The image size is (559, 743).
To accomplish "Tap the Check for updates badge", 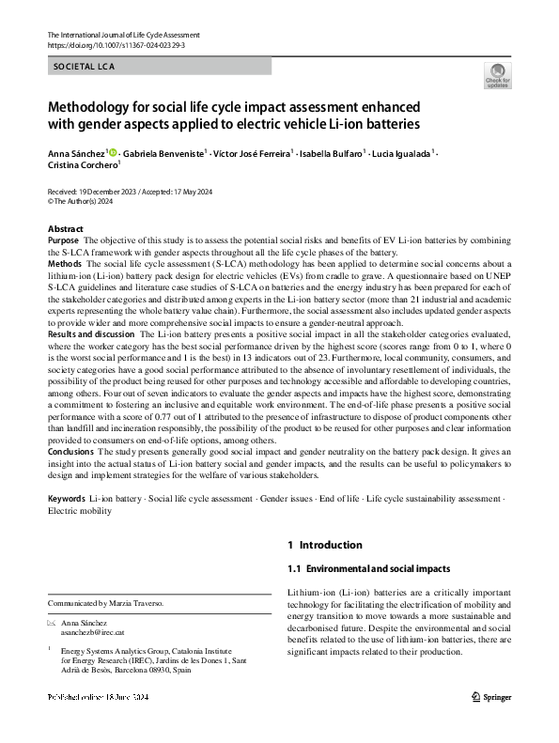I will click(x=497, y=76).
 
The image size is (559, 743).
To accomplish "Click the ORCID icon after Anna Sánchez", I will click(x=114, y=151).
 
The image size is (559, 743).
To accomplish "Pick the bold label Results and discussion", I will click(x=90, y=334).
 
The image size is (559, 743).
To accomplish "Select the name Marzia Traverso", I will click(x=140, y=602).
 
